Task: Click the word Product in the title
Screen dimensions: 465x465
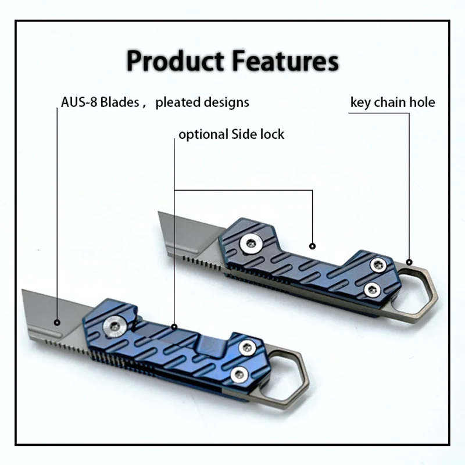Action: (176, 61)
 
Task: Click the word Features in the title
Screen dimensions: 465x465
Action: (285, 61)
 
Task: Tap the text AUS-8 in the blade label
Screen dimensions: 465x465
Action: (79, 102)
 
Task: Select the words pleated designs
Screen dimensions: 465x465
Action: (202, 102)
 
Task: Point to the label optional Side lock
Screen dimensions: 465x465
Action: (231, 134)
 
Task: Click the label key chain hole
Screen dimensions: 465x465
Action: (393, 103)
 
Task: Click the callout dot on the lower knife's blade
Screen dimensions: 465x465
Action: (57, 323)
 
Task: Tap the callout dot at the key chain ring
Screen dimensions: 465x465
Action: (409, 262)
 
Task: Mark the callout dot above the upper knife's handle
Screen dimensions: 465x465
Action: (312, 246)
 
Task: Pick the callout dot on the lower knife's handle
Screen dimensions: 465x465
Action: (174, 327)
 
